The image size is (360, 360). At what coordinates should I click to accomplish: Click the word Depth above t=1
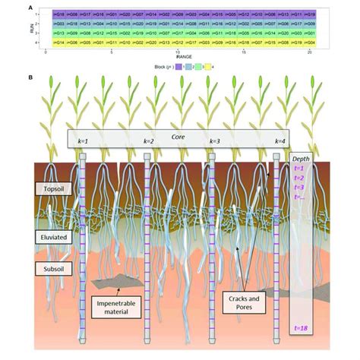302,158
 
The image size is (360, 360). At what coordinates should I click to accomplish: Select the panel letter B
30,77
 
